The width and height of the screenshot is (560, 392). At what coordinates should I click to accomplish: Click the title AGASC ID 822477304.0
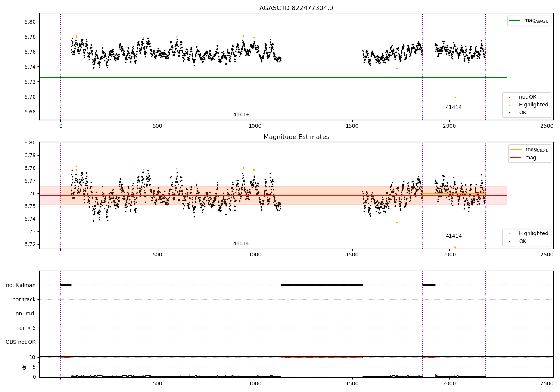(296, 8)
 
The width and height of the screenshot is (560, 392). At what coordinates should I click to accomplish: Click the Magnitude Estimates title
(296, 137)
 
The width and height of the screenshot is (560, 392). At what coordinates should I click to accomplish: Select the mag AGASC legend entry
(529, 21)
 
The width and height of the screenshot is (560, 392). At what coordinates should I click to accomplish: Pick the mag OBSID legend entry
(529, 149)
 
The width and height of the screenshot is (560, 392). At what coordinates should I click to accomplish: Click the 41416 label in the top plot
(241, 115)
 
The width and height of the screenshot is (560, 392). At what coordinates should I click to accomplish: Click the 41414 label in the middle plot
(454, 236)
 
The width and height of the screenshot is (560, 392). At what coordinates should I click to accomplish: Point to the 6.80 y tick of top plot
(30, 22)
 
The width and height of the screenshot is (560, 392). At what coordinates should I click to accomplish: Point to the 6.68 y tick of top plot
(30, 112)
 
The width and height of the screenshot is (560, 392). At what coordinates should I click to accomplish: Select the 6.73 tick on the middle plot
(30, 231)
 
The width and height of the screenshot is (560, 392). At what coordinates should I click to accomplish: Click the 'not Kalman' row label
(21, 285)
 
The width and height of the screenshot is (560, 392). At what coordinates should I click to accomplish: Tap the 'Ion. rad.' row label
(25, 314)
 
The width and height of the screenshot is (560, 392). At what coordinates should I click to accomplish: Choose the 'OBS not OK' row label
(21, 342)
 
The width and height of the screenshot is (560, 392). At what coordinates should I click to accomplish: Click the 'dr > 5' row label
(28, 328)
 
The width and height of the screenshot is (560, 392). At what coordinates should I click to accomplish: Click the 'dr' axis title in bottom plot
(24, 367)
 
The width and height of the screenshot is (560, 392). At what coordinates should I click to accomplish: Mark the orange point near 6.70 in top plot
(455, 97)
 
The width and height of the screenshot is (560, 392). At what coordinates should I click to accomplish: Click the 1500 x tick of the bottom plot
(352, 383)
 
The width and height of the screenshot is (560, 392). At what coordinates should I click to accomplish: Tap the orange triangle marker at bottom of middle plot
(455, 248)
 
